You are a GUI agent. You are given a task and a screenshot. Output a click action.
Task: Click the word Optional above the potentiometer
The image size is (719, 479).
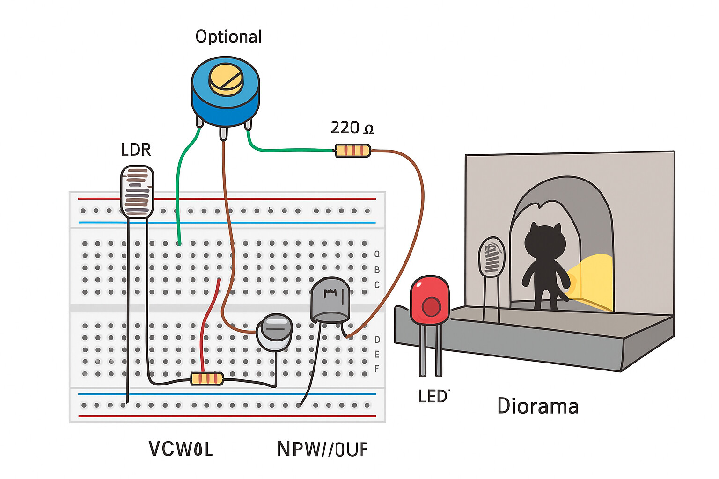228,36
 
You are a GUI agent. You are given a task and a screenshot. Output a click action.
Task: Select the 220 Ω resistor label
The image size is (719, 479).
352,128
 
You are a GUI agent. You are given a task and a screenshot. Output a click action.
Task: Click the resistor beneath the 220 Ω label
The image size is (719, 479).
353,151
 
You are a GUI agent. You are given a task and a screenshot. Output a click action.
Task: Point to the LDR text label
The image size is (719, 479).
136,150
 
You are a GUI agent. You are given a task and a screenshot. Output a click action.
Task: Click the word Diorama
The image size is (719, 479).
538,406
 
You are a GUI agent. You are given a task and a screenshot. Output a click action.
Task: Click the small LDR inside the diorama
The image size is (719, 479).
491,257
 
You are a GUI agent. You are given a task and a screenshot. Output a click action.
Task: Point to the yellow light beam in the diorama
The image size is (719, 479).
592,281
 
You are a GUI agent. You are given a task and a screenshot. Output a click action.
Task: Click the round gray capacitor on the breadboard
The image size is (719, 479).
275,332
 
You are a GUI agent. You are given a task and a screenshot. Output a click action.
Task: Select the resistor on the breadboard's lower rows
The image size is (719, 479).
207,378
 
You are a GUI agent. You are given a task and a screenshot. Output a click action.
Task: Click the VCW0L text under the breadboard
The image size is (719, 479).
181,449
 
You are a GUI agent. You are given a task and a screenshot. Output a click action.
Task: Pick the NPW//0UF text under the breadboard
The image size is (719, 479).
322,449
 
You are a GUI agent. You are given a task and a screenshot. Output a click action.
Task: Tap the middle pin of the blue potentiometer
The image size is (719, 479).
223,133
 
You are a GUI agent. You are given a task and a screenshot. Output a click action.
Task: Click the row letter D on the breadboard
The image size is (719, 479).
377,339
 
